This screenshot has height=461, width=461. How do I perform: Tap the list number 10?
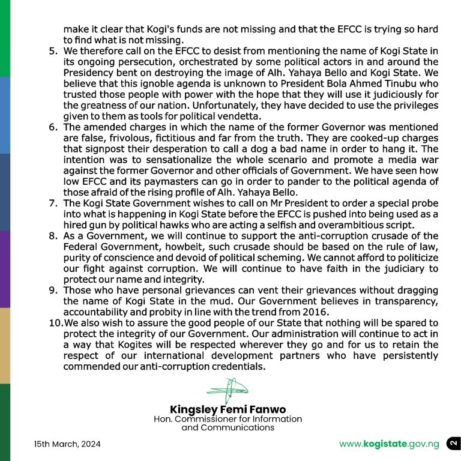[x=54, y=323]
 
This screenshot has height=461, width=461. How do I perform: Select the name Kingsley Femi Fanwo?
[x=227, y=410]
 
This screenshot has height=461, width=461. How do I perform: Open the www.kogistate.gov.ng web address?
[x=389, y=445]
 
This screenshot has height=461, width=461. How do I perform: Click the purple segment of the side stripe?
[x=5, y=269]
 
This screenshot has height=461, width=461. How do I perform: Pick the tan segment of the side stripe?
[x=5, y=346]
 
